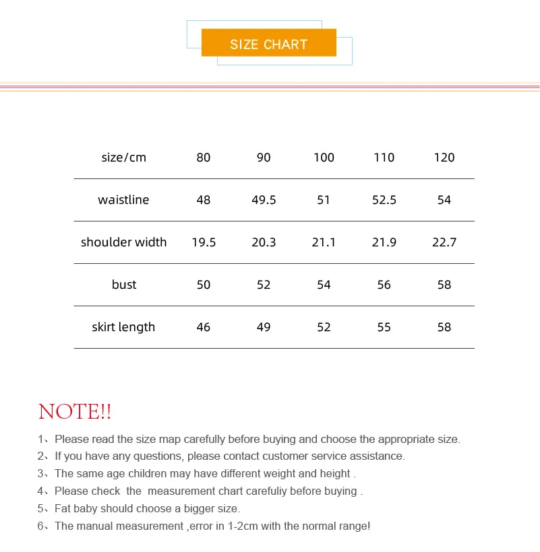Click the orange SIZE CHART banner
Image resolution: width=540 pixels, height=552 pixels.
click(268, 44)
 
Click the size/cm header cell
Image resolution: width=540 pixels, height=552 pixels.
click(123, 158)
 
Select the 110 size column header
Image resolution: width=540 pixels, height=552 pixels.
click(384, 158)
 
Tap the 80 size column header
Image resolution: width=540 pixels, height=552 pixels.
click(203, 158)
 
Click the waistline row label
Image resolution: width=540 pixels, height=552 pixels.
click(123, 200)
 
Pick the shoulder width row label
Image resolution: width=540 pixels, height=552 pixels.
click(123, 242)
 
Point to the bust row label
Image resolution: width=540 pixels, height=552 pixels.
click(123, 285)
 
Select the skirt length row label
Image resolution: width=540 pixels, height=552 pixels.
click(123, 327)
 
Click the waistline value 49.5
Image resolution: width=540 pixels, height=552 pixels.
click(264, 200)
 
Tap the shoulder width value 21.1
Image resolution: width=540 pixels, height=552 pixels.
click(324, 242)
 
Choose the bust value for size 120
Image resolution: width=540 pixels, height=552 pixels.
click(444, 285)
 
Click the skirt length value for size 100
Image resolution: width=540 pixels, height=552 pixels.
click(324, 327)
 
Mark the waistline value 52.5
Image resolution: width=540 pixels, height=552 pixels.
click(384, 200)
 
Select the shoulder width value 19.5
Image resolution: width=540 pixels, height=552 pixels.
click(203, 242)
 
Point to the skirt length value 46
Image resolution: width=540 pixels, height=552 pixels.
click(203, 327)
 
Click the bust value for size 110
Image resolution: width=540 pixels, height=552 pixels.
click(384, 285)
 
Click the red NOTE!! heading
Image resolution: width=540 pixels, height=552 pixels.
click(75, 411)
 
